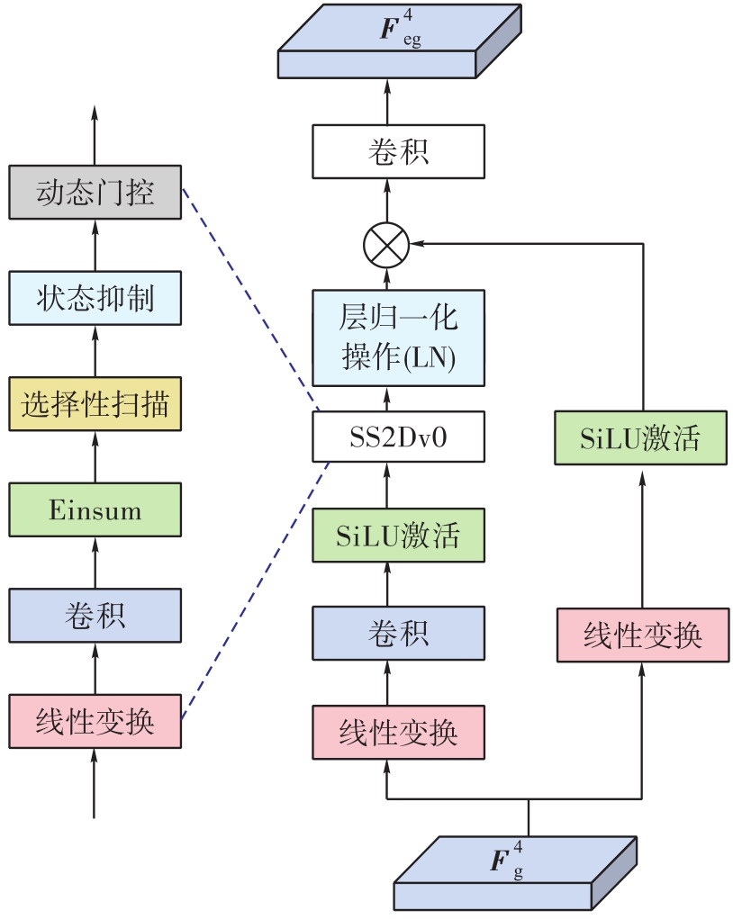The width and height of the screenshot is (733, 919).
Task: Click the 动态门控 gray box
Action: click(95, 192)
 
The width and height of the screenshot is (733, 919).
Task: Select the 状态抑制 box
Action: click(95, 298)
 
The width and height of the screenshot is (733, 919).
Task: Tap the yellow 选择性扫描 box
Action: click(95, 404)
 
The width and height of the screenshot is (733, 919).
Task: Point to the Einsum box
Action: click(95, 510)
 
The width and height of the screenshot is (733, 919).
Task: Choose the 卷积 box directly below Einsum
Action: click(95, 616)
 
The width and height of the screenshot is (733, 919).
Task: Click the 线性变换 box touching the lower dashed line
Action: click(95, 721)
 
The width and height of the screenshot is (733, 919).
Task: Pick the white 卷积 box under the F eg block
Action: click(398, 151)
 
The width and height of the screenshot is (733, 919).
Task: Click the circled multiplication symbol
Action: click(386, 244)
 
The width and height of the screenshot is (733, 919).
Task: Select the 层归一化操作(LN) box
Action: click(398, 338)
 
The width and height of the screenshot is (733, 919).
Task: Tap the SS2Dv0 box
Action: click(398, 437)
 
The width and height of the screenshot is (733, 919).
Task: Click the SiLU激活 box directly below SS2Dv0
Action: click(398, 536)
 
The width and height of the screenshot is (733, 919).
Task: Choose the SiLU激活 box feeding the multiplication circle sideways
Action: click(640, 437)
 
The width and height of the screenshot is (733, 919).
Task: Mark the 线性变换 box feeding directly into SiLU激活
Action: click(642, 635)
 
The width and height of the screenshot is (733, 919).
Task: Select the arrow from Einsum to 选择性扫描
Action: click(95, 456)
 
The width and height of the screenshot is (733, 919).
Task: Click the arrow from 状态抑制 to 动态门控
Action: click(95, 245)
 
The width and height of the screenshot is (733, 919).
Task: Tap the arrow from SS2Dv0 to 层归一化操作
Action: click(387, 399)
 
